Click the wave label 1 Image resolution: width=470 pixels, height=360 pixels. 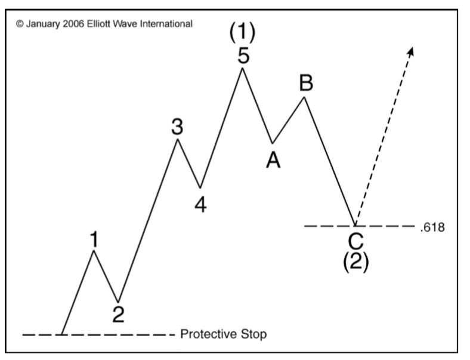click(94, 239)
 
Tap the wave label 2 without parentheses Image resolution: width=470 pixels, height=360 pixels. click(119, 314)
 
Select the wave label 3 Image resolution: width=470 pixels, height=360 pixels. click(177, 128)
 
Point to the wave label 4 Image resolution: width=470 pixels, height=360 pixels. click(200, 204)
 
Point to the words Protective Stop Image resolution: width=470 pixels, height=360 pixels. click(223, 334)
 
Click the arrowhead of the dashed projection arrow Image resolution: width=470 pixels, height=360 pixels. click(410, 51)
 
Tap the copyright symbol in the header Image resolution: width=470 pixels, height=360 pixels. click(20, 24)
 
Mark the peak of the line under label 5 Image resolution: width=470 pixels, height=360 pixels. click(242, 68)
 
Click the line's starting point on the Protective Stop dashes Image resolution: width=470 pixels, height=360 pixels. click(62, 334)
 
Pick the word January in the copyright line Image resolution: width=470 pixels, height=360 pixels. click(42, 24)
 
